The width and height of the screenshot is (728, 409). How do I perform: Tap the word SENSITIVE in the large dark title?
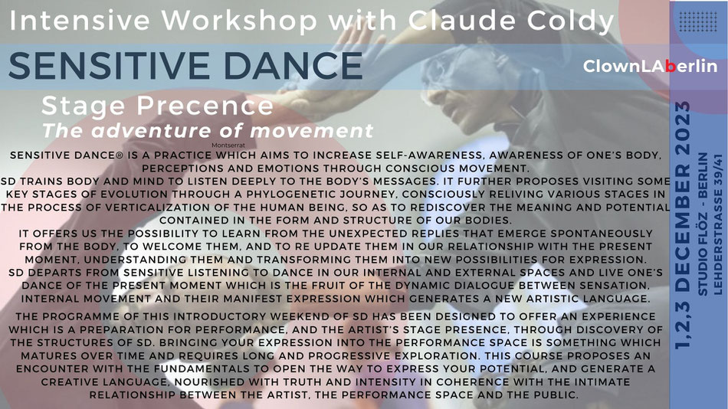pyautogui.click(x=111, y=65)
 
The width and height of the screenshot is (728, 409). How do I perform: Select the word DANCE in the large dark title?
pyautogui.click(x=293, y=65)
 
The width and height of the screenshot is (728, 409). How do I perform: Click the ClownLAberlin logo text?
pyautogui.click(x=650, y=67)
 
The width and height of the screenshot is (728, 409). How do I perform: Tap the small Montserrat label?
pyautogui.click(x=228, y=146)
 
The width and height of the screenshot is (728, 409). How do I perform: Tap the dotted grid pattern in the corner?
pyautogui.click(x=698, y=21)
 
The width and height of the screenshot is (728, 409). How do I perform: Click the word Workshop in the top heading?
pyautogui.click(x=239, y=21)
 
